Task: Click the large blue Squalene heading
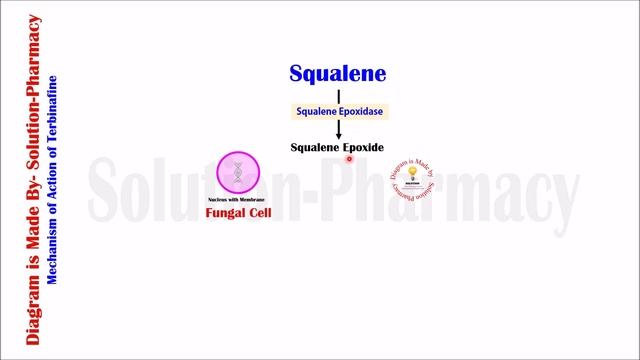337,73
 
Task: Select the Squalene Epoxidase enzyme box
337,111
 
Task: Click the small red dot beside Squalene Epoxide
350,158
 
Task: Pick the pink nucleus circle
237,173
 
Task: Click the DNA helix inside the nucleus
237,173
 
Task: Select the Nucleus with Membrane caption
237,200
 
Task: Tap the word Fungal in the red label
224,213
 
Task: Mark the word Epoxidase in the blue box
361,111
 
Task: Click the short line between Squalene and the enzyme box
337,95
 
